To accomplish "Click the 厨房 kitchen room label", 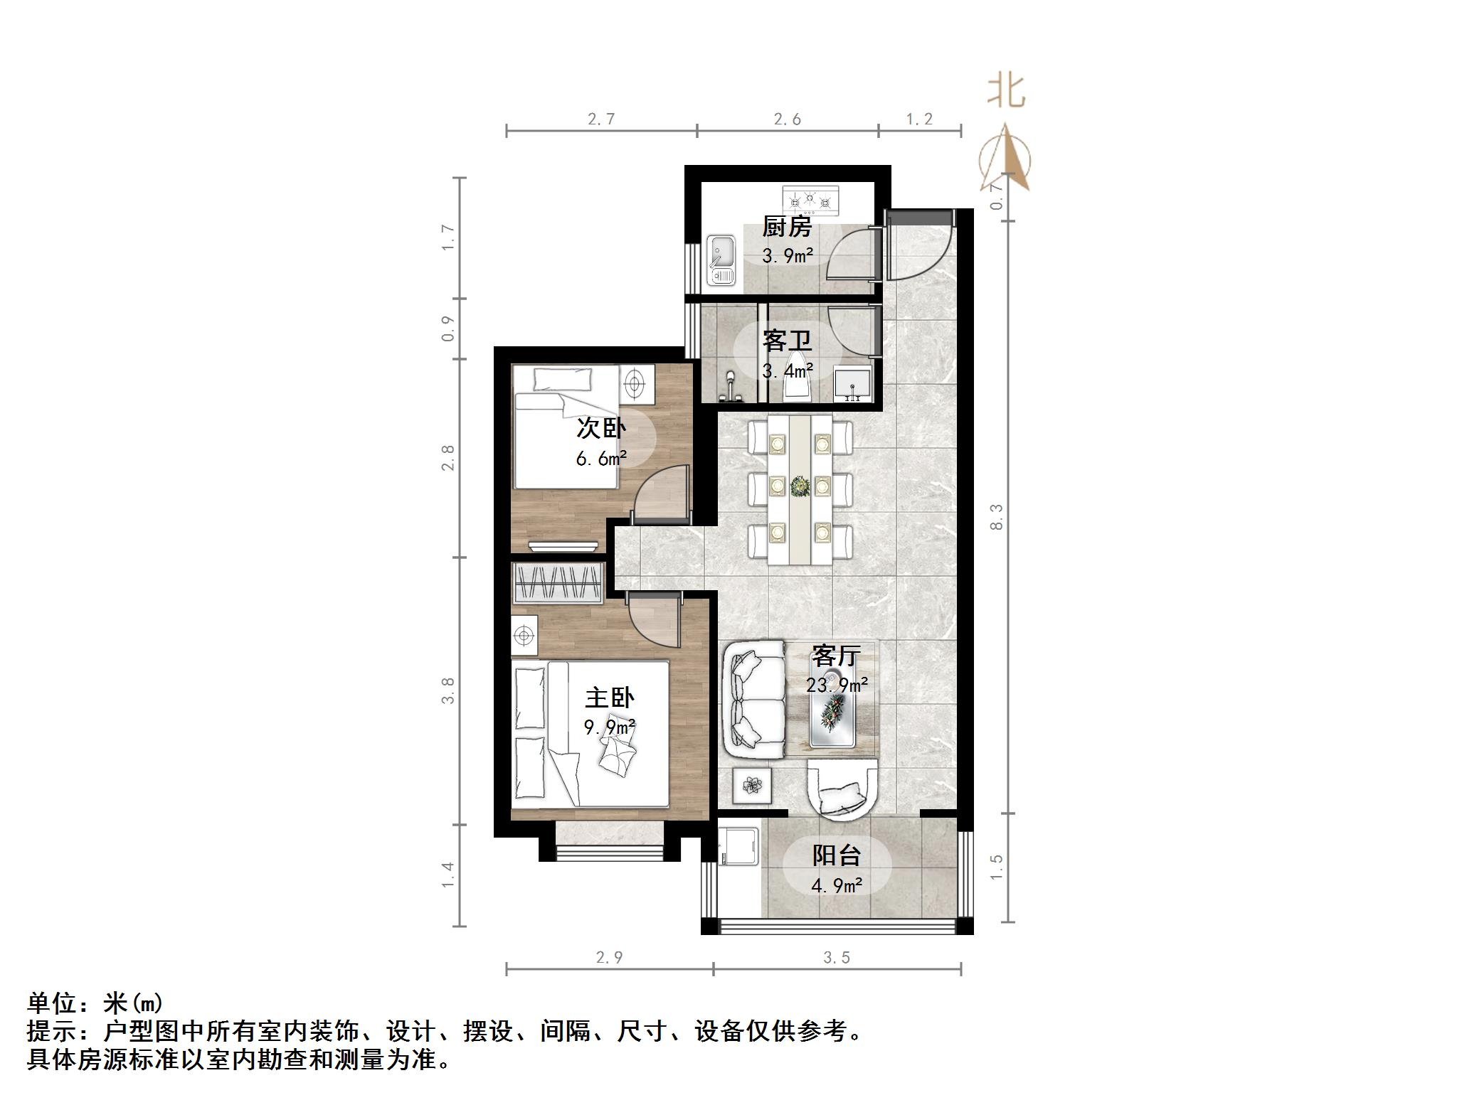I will (786, 228).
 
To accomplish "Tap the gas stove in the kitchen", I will (810, 201).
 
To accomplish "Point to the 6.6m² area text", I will (601, 459).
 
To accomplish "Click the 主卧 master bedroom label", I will (610, 698).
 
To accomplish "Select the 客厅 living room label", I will (836, 656).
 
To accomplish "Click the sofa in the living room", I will (754, 698).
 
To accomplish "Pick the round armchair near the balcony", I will (842, 788).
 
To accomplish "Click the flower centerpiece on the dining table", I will (800, 486).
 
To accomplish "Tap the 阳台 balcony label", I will (837, 855).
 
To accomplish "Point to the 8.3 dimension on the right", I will (996, 516).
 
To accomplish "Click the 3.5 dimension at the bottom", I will (837, 958).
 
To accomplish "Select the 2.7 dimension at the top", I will (601, 119).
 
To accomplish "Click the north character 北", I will (1006, 92).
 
